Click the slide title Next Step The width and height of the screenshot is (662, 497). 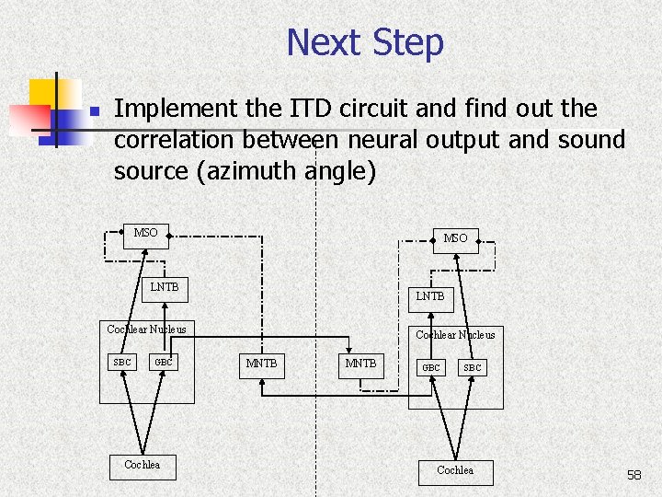tap(365, 42)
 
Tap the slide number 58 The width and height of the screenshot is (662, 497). tap(633, 475)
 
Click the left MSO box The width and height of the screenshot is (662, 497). tap(145, 233)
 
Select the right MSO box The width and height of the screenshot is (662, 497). tap(455, 238)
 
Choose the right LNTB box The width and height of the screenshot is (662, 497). tap(429, 296)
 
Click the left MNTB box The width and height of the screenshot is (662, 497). tap(261, 364)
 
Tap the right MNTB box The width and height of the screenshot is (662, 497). tap(360, 364)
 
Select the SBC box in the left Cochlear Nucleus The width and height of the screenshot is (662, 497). tap(121, 362)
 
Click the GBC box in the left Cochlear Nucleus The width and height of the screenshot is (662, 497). tap(164, 362)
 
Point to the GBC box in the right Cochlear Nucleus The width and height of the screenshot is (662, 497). tap(430, 367)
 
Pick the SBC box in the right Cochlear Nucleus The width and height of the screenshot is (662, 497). tap(472, 367)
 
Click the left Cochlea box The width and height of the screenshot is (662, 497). tap(143, 465)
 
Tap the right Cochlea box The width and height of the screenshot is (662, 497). tap(455, 471)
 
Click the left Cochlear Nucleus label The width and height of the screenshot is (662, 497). tap(146, 329)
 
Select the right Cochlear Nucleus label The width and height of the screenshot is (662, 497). tap(455, 335)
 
